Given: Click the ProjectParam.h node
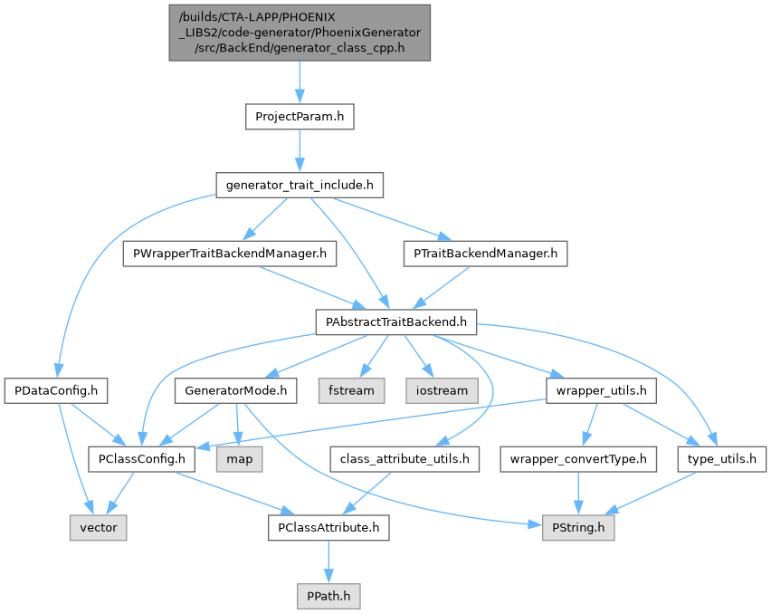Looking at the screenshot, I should (x=299, y=117).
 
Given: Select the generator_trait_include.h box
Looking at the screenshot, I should (x=299, y=186).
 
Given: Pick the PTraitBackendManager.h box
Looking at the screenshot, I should (x=484, y=254).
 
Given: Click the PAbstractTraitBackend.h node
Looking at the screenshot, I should (x=395, y=322).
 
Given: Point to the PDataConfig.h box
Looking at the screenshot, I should (x=56, y=391).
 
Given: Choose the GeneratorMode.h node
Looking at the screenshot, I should (x=235, y=391).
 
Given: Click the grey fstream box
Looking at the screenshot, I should (x=351, y=391).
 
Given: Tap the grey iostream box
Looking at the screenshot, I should (x=443, y=391).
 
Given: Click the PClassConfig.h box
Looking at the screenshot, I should (x=141, y=459).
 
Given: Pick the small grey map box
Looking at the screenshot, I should (x=240, y=459).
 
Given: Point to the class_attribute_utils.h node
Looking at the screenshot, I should (x=404, y=459).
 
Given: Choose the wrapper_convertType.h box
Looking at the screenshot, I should (x=578, y=459).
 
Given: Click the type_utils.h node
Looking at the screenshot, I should (x=721, y=459).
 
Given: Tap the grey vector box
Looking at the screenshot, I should (x=98, y=528).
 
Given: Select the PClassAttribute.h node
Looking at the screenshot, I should (x=328, y=528).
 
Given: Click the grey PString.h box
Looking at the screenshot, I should (x=578, y=528).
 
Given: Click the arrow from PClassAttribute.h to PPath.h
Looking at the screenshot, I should (x=328, y=562).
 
